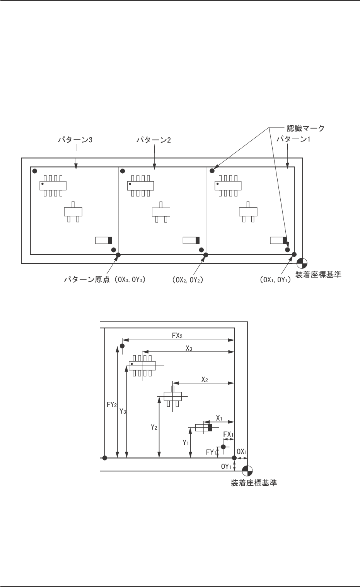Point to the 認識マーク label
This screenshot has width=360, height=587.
click(305, 127)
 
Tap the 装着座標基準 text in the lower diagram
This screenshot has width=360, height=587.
click(254, 483)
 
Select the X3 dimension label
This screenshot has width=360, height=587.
click(189, 348)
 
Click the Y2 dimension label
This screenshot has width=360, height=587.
click(154, 427)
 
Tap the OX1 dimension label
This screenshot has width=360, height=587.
click(242, 451)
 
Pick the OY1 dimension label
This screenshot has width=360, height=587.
click(226, 466)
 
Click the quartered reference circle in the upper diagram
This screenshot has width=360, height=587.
click(302, 263)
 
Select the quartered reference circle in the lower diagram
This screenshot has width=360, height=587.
click(247, 471)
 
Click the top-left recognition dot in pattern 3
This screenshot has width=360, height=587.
click(34, 171)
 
